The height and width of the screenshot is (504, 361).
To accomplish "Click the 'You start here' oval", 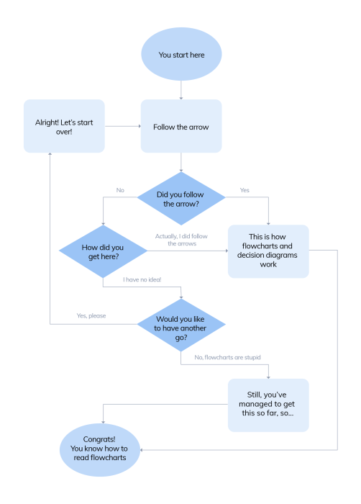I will click(x=180, y=55).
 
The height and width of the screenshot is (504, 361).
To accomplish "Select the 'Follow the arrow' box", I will click(x=180, y=126).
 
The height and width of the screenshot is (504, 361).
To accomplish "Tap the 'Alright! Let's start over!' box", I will click(x=64, y=126).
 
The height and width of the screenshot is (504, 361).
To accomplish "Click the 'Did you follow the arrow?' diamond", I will click(x=180, y=199).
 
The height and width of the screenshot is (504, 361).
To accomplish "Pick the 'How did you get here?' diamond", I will click(x=102, y=251).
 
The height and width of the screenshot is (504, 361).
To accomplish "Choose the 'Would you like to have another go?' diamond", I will click(x=180, y=323).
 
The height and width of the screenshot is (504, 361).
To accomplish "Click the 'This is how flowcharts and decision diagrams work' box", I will click(x=268, y=251).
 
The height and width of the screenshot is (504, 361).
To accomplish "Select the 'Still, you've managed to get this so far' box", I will click(x=268, y=405).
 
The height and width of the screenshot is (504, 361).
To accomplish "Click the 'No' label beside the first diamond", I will click(x=121, y=191).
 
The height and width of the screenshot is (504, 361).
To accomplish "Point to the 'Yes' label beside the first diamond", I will click(x=244, y=191).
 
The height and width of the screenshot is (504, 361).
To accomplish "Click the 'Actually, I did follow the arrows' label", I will click(x=186, y=240).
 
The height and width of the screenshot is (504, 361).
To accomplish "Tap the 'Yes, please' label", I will click(x=91, y=315).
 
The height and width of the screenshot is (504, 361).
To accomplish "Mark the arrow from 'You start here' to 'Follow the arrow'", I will click(x=180, y=89).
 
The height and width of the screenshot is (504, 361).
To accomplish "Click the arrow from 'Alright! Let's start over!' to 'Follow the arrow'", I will click(x=122, y=126).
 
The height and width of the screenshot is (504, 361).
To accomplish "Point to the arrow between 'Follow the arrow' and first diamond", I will click(x=180, y=162).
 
